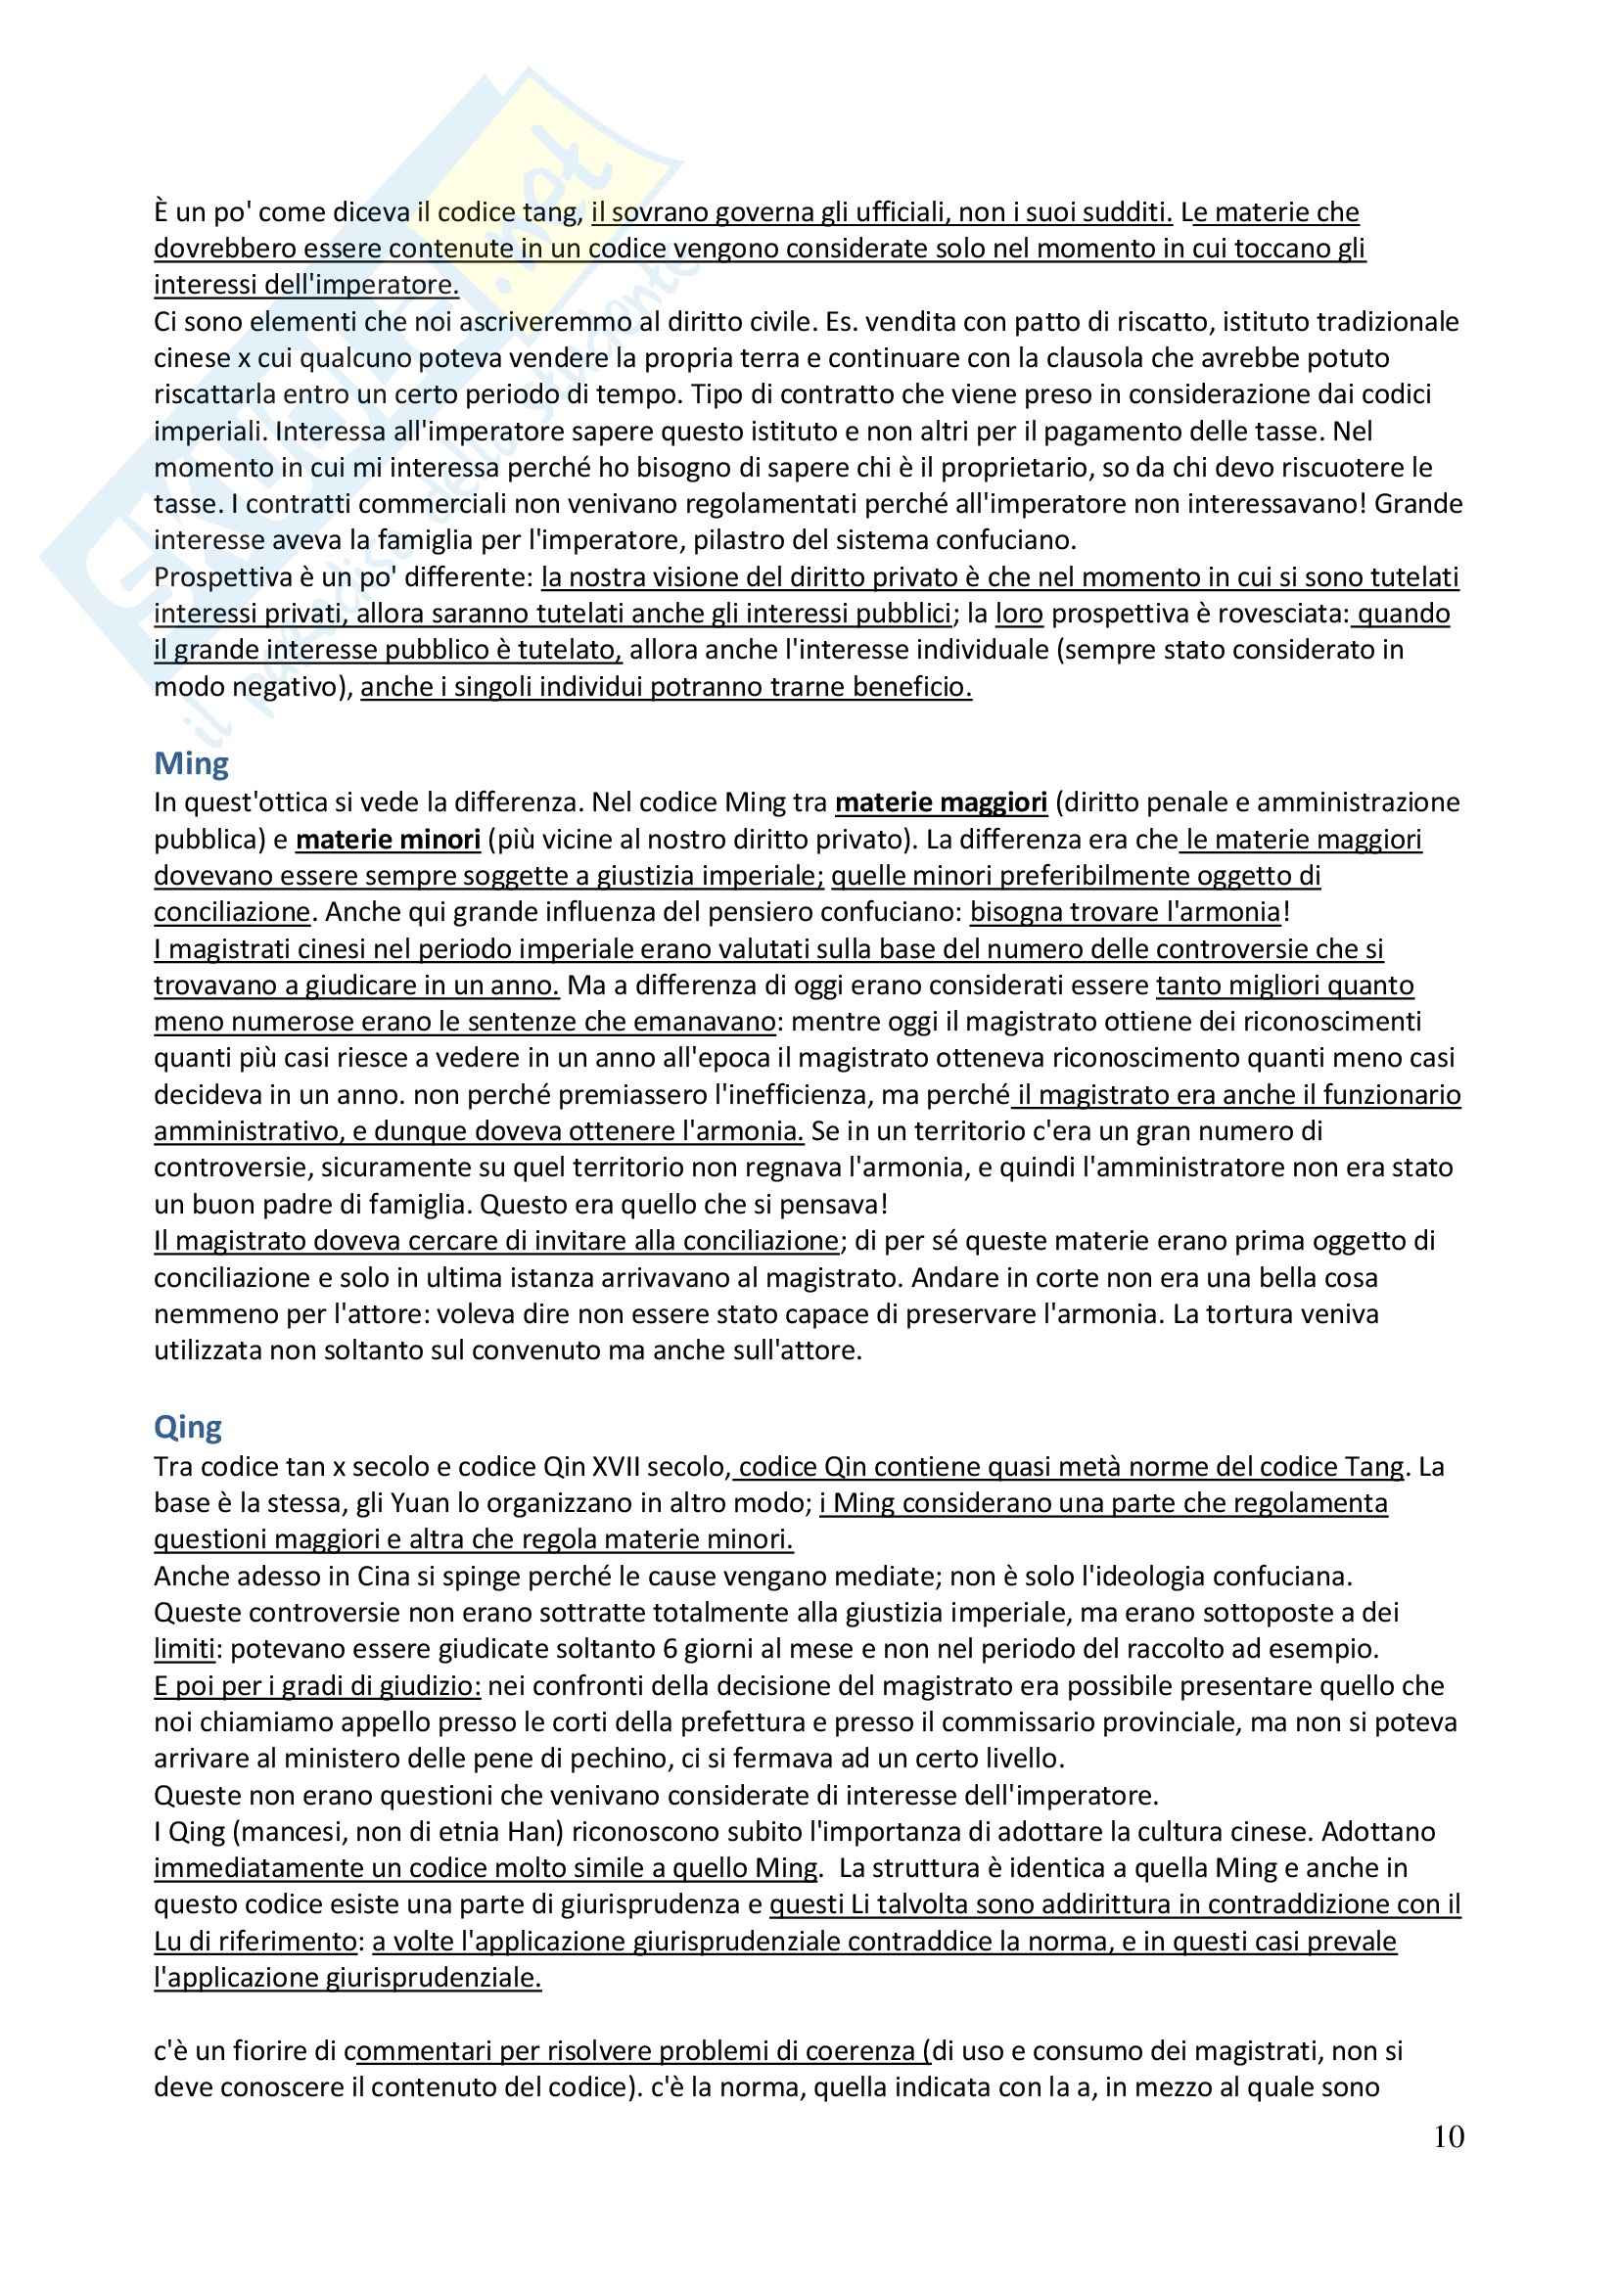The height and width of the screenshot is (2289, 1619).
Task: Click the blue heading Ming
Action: click(192, 763)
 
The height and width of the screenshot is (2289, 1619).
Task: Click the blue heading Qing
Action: click(188, 1427)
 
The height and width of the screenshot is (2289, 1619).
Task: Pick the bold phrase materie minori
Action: click(389, 840)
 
